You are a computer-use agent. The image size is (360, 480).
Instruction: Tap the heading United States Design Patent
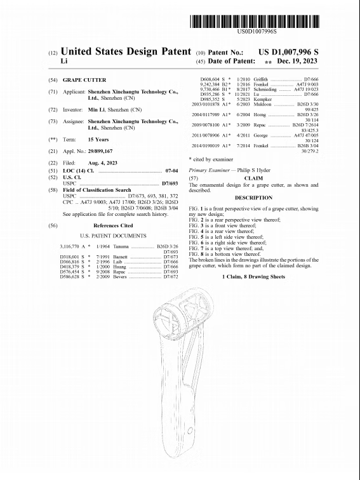pos(125,51)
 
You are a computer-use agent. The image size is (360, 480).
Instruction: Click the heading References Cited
pos(113,225)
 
